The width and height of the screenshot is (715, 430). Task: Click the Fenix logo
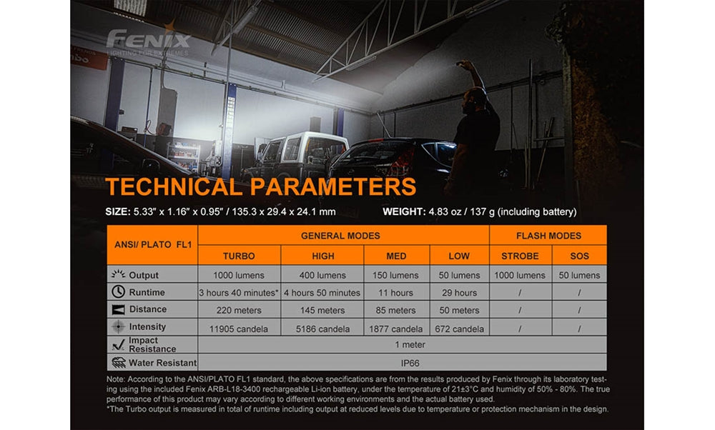tap(148, 39)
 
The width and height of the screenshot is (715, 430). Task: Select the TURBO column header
tap(239, 256)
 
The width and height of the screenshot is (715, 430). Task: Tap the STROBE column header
tap(520, 256)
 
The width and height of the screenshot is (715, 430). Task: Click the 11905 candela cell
tap(239, 329)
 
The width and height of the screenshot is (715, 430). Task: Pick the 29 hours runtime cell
tap(459, 293)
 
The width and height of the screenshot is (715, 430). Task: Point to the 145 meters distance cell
tap(322, 311)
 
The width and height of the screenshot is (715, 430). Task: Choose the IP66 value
tap(410, 364)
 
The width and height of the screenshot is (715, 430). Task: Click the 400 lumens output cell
tap(322, 276)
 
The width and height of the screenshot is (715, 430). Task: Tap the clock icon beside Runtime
tap(118, 291)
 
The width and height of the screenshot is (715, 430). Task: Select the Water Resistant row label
tap(163, 363)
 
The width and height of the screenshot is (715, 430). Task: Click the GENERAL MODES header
tap(340, 236)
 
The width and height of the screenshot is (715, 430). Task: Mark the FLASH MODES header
tap(548, 236)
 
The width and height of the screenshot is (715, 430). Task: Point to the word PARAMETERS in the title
tap(333, 186)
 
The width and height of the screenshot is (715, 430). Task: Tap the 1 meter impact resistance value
tap(410, 345)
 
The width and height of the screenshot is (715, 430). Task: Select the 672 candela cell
tap(459, 329)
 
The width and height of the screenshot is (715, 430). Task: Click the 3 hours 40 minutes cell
tap(239, 293)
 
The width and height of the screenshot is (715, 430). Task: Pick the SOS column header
tap(580, 256)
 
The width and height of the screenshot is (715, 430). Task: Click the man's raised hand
tap(464, 64)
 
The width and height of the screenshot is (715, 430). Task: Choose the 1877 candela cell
tap(396, 329)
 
